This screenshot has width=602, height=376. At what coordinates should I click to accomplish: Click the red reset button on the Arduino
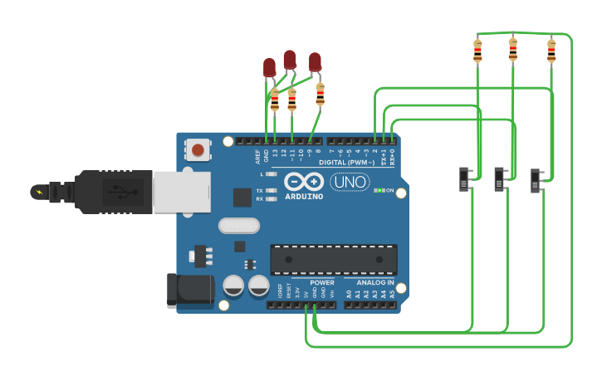coord(198,151)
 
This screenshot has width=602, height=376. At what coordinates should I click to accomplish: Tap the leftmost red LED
coord(269,67)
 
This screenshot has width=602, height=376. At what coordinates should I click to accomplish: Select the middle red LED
coord(290,59)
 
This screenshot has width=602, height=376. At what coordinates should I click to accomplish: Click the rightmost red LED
coord(315,61)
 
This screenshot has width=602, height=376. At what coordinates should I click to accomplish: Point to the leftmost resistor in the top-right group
coord(477,51)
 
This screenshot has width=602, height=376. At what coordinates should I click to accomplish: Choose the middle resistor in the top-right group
coord(512,50)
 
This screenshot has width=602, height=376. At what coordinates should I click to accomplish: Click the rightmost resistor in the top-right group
coord(551,51)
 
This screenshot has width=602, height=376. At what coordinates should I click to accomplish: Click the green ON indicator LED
coord(378,190)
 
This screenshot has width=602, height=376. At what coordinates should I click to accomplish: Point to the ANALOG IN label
coord(370,283)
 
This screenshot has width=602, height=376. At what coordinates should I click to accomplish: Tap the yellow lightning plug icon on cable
coord(38,193)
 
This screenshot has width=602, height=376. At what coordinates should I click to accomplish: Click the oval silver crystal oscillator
coord(239,225)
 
